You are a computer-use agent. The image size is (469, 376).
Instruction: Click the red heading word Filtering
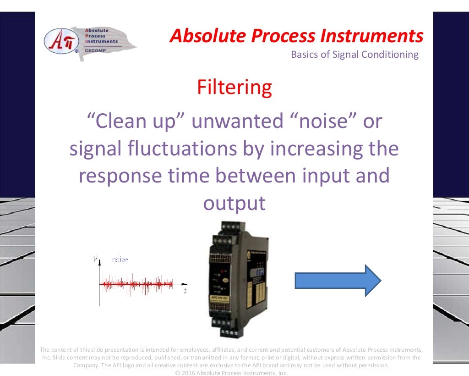(234, 87)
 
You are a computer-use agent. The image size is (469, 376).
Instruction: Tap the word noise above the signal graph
(120, 260)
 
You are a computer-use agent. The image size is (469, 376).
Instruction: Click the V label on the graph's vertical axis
(95, 260)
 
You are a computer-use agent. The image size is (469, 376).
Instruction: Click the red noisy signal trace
(137, 284)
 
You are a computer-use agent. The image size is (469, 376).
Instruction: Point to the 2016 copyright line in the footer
(231, 373)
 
